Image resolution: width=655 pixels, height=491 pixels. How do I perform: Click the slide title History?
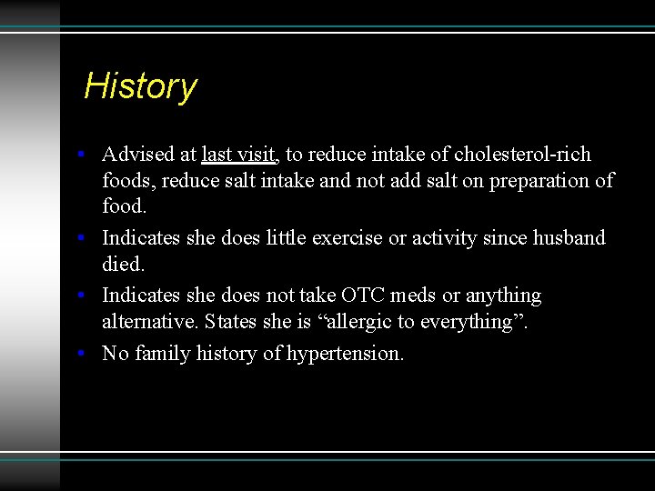[140, 86]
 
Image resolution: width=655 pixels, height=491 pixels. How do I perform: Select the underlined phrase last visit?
[239, 154]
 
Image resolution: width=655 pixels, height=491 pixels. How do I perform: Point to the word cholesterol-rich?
[522, 154]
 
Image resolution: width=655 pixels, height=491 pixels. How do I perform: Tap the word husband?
[569, 238]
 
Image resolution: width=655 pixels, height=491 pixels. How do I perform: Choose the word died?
[123, 265]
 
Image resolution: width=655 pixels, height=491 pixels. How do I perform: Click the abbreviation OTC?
[362, 296]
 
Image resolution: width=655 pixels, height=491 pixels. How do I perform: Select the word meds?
[415, 296]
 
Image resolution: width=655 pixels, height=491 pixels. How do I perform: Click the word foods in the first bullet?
[128, 180]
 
